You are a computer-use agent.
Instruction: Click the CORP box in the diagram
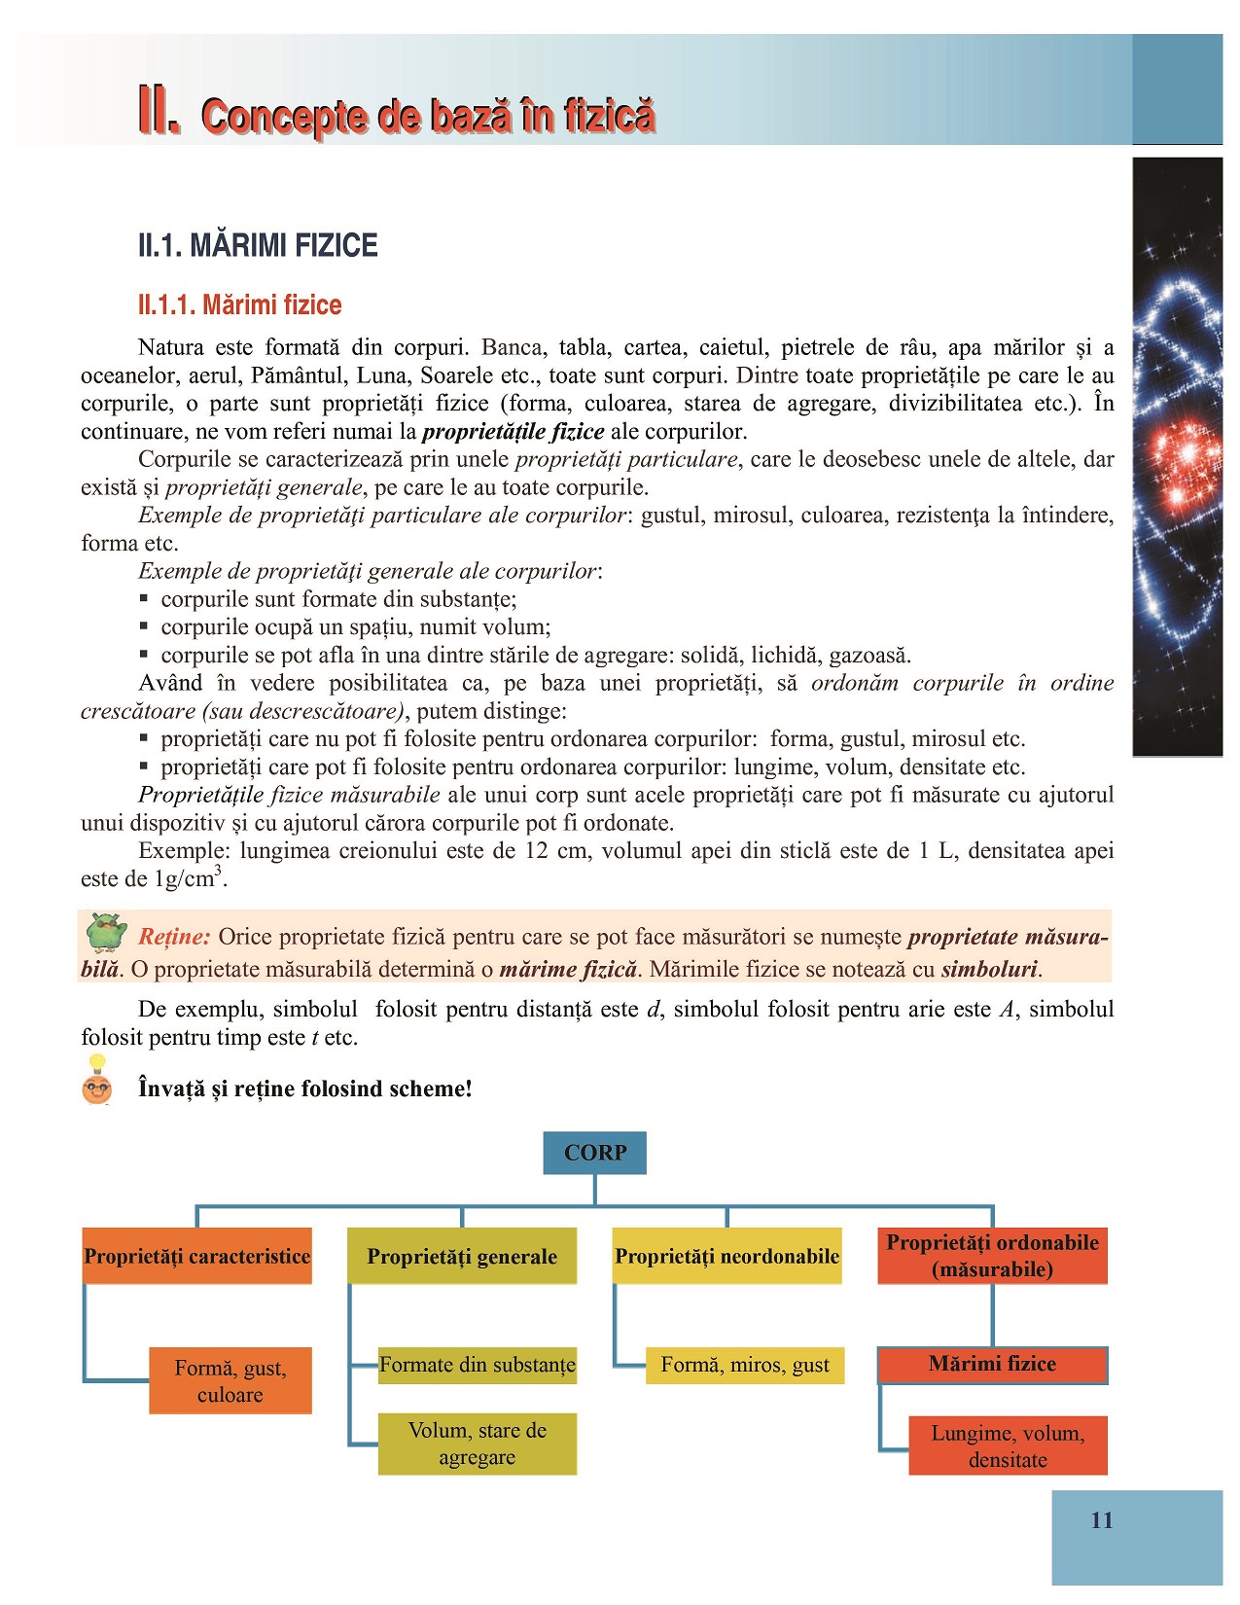click(x=594, y=1153)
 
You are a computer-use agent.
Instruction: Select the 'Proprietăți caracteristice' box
click(x=197, y=1256)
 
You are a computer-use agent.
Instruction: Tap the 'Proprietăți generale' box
click(x=462, y=1256)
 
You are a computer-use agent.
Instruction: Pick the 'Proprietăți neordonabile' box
click(x=726, y=1256)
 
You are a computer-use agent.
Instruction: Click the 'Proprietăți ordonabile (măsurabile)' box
click(x=992, y=1256)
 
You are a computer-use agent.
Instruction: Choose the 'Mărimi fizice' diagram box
click(x=992, y=1364)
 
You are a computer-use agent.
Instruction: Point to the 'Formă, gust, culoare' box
click(x=230, y=1380)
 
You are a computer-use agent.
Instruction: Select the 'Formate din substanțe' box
click(x=477, y=1364)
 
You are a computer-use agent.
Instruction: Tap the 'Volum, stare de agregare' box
click(x=477, y=1444)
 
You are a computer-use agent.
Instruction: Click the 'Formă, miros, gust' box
click(x=745, y=1365)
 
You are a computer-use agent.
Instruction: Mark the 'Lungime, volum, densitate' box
click(x=1008, y=1445)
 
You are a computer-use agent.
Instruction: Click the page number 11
click(x=1102, y=1520)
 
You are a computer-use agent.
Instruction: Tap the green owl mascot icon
click(x=106, y=932)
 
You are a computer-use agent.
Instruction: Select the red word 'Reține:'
click(x=174, y=937)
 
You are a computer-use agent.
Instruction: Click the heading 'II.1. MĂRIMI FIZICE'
click(x=258, y=245)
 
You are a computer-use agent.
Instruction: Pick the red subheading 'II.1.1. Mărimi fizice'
click(x=240, y=305)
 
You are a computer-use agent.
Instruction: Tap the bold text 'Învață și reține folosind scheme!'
click(x=305, y=1088)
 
